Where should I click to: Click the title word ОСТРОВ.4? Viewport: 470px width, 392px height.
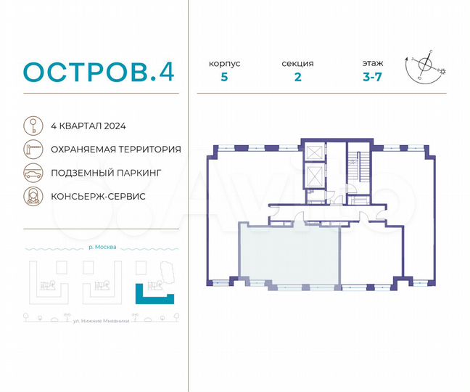[x=98, y=72]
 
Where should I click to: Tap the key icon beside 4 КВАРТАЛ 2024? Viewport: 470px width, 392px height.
[x=32, y=125]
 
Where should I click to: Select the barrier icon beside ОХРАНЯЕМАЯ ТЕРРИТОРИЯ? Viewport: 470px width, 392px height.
[x=32, y=149]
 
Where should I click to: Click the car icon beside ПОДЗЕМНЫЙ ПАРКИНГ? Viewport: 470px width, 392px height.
[x=32, y=173]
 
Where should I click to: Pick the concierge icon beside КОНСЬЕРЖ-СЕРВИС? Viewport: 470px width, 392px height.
[x=32, y=196]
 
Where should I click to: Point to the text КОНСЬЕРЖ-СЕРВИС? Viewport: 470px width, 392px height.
[x=98, y=197]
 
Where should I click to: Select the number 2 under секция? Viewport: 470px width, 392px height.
[x=297, y=78]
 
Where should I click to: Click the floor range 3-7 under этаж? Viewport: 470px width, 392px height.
[x=374, y=78]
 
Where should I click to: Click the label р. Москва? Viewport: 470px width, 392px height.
[x=101, y=247]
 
